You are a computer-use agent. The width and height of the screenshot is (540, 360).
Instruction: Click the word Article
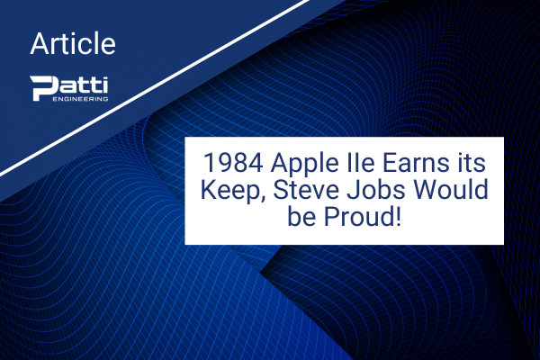[x=73, y=43]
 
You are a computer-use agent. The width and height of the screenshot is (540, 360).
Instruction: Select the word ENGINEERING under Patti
[x=80, y=99]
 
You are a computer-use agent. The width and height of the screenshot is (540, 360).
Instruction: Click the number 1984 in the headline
[x=233, y=163]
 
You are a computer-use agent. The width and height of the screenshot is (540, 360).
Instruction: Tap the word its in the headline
[x=472, y=163]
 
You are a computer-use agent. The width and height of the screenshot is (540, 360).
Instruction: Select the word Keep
[x=229, y=191]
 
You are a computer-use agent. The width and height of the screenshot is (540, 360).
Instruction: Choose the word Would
[x=451, y=190]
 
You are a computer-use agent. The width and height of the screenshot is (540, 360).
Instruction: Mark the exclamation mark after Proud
[x=398, y=216]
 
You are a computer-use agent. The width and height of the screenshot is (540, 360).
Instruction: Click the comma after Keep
[x=261, y=199]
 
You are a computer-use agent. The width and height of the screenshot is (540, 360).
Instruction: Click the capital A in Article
[x=40, y=43]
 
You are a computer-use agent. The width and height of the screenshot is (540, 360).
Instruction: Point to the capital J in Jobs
[x=352, y=190]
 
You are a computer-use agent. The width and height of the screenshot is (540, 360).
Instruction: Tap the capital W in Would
[x=427, y=190]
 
